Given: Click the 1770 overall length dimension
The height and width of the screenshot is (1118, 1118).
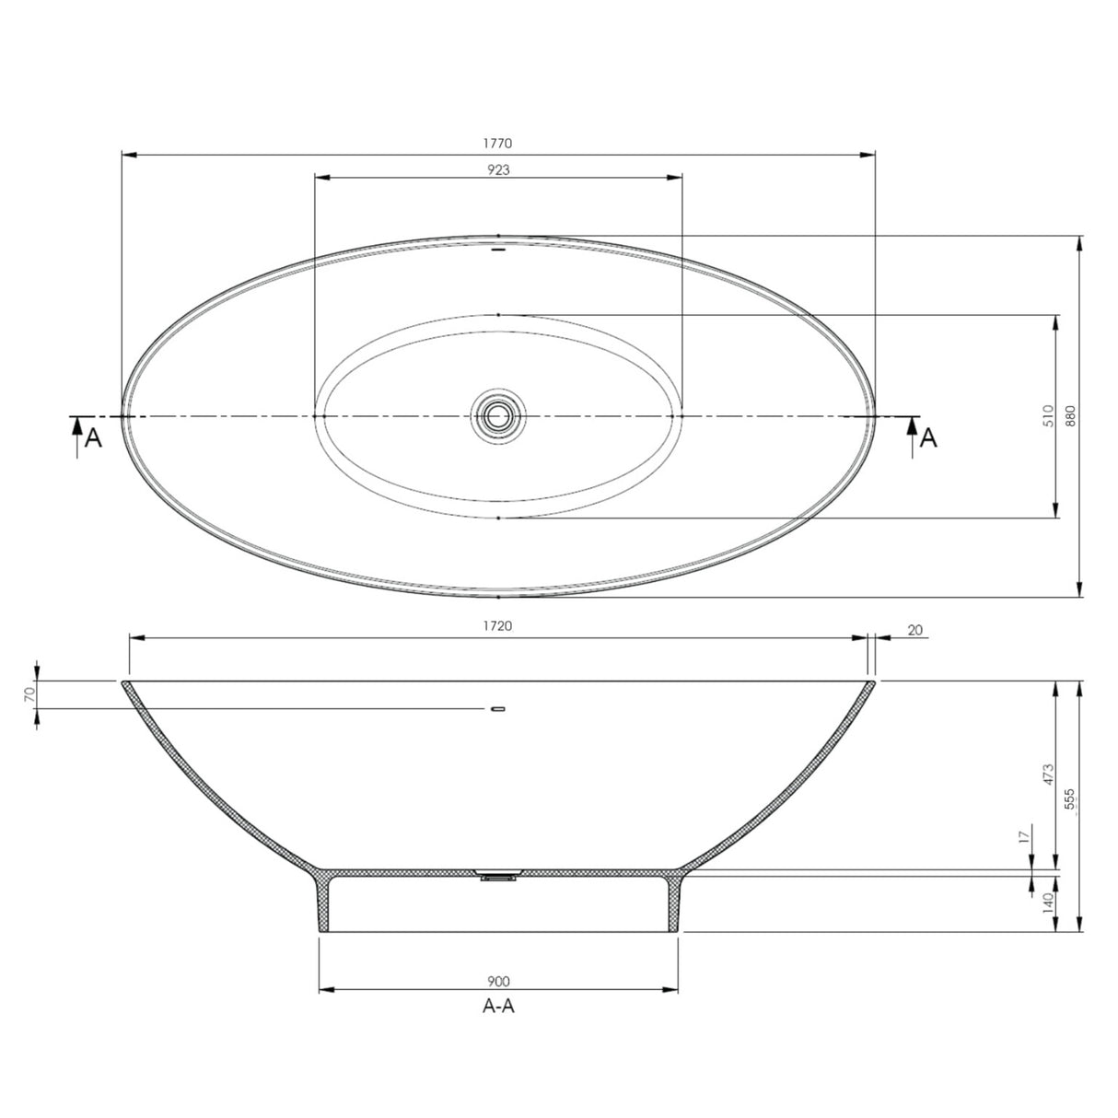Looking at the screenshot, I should tap(498, 143).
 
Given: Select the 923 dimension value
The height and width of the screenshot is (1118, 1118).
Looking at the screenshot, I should tap(498, 169).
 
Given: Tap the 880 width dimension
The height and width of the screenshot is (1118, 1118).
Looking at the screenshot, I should tap(1070, 416).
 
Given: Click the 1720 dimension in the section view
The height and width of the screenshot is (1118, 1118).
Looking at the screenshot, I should tap(498, 626).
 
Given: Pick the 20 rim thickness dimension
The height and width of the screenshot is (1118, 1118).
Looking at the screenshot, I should tap(914, 630).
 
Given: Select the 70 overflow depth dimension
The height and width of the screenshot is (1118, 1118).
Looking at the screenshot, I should tap(29, 694).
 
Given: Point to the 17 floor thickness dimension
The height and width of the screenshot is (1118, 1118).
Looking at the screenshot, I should tap(1023, 837).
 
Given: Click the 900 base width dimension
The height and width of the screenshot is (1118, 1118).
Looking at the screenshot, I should tap(498, 982).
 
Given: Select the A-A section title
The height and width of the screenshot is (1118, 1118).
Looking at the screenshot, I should tap(498, 1007).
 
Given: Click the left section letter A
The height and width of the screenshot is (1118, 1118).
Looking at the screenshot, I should tap(93, 438).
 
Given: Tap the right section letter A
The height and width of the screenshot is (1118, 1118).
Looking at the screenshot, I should tap(929, 438).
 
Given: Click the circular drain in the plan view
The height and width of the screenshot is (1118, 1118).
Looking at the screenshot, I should tap(498, 416).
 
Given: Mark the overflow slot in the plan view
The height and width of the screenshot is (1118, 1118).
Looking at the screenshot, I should tap(498, 249).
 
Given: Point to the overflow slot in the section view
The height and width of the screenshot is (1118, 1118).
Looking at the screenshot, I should tap(498, 708).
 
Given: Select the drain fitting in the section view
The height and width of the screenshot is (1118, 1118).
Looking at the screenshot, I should tap(497, 876).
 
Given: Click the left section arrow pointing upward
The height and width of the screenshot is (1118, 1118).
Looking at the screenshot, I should tap(76, 433).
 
